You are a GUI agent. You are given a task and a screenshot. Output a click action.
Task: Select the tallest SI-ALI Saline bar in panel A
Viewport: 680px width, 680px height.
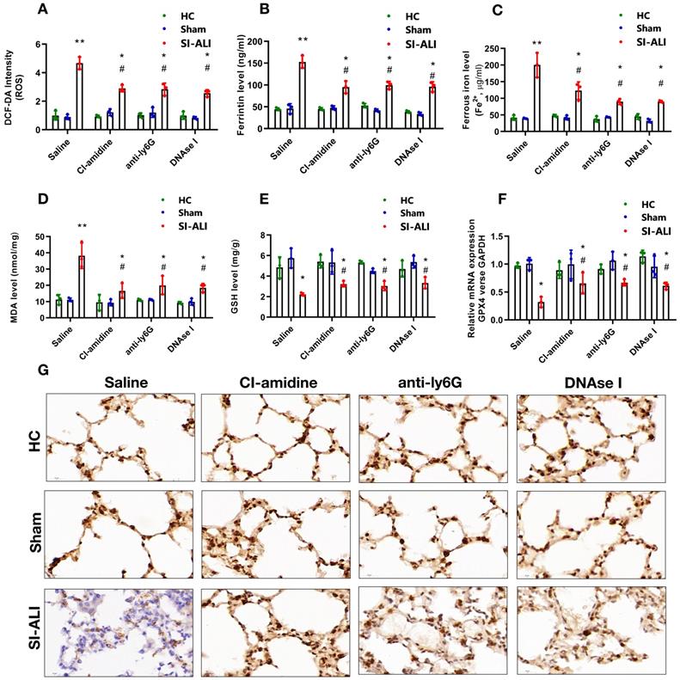point(79,96)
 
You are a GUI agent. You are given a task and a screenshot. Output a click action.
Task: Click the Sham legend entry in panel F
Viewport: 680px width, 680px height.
point(643,217)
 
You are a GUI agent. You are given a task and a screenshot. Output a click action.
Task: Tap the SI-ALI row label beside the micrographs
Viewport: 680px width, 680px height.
point(23,629)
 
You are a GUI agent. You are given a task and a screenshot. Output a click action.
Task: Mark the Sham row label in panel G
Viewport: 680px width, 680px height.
point(23,533)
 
